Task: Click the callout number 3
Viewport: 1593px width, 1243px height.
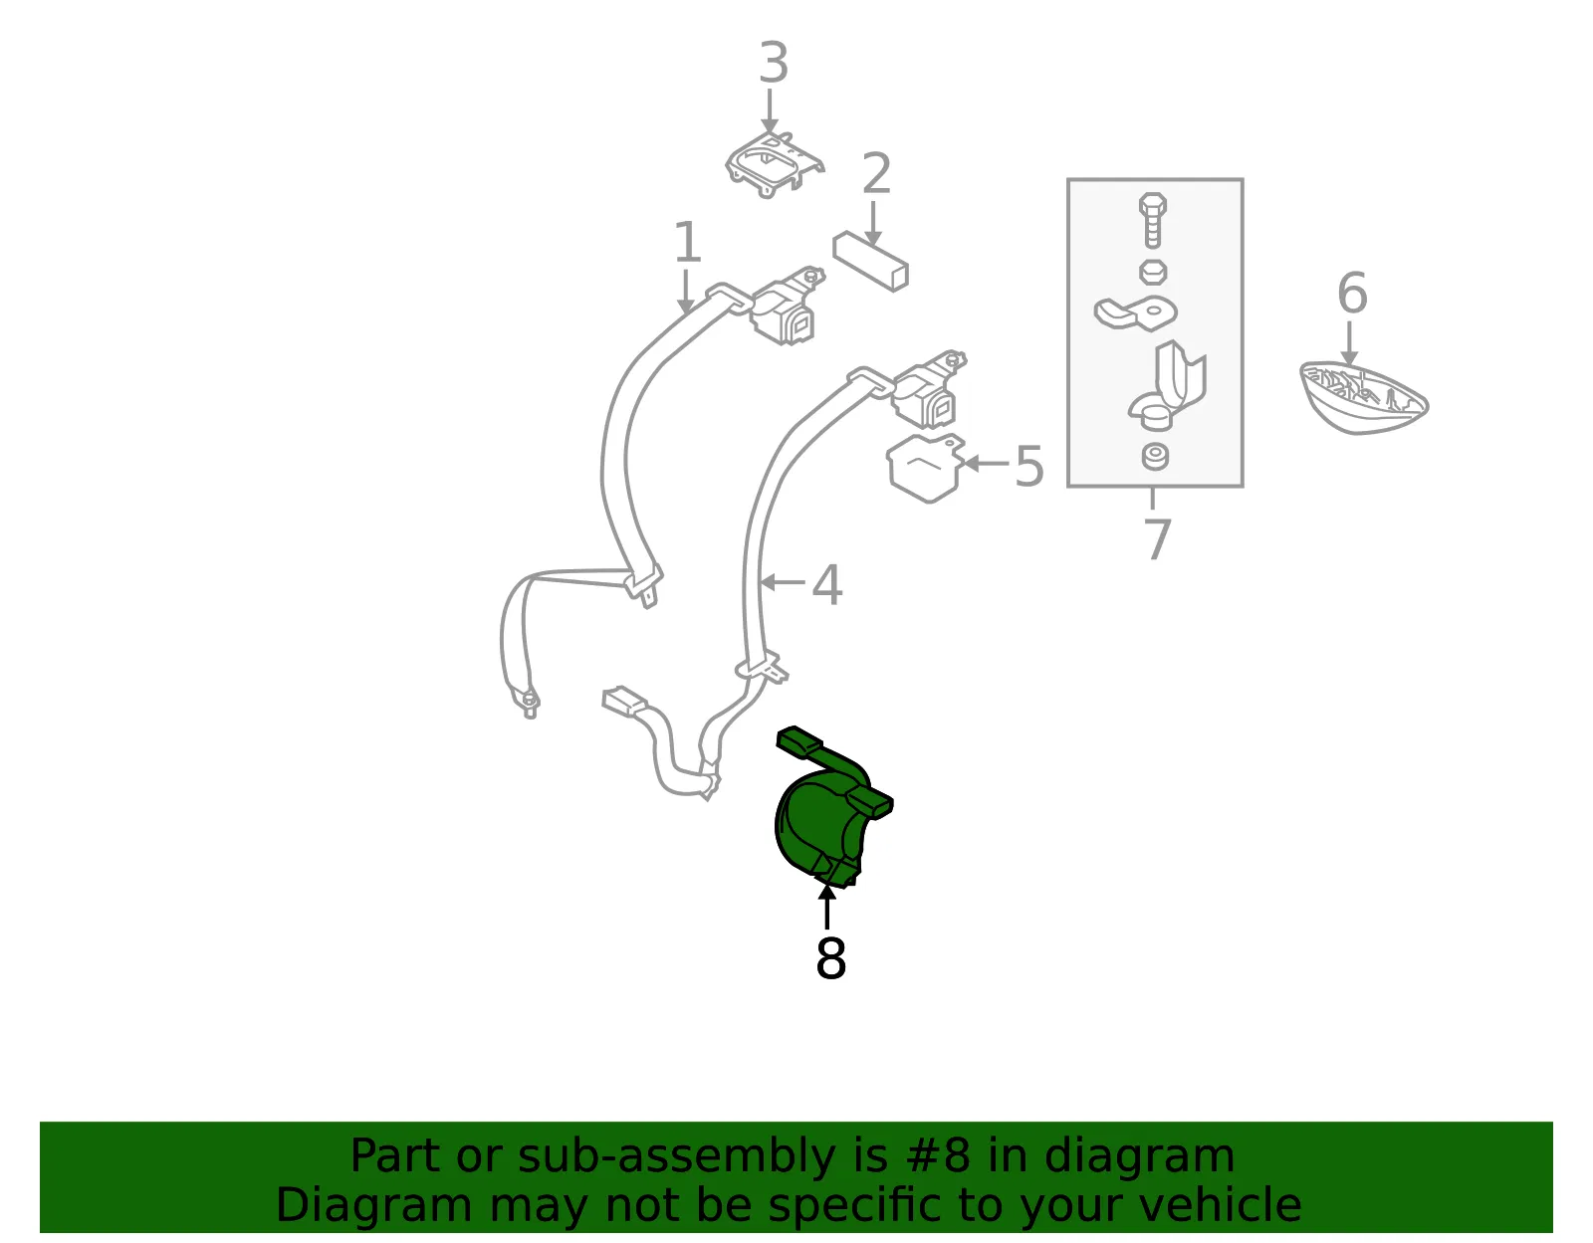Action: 774,63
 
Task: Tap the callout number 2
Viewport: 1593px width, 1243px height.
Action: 876,173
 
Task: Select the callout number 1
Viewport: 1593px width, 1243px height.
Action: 687,242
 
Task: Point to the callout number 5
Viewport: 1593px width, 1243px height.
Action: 1028,467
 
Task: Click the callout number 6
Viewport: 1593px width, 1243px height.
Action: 1352,293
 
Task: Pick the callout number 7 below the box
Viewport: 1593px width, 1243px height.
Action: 1157,539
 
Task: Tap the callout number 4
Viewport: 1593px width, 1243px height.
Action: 827,584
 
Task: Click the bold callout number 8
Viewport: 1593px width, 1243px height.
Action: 830,958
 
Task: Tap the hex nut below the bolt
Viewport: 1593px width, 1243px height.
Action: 1153,273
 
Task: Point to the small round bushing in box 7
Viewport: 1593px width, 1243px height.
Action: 1155,457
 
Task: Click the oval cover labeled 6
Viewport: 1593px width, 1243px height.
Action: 1364,399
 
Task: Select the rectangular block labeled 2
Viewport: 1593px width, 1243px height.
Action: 870,262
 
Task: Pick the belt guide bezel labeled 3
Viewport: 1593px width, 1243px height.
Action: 774,165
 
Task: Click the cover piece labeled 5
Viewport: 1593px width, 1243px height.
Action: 925,468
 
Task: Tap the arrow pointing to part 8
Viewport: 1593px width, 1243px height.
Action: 827,907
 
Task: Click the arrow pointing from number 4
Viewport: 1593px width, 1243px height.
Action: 782,583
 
